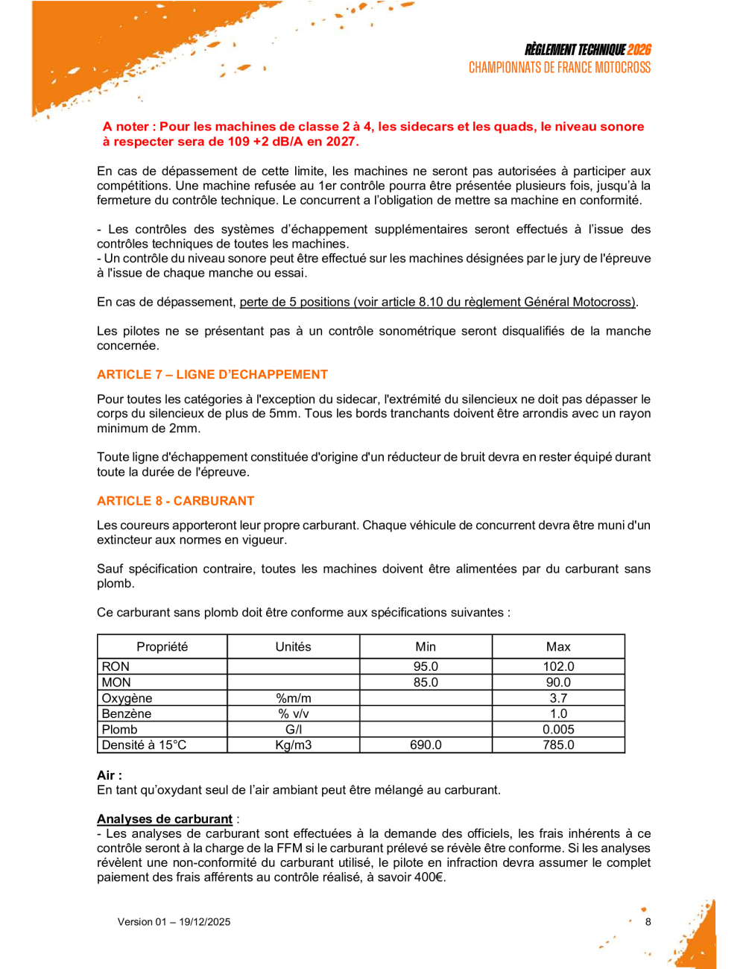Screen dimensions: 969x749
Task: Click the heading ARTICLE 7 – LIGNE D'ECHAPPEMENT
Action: click(212, 374)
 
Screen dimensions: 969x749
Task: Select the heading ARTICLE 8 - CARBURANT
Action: click(175, 501)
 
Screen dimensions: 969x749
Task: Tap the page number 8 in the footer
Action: click(648, 921)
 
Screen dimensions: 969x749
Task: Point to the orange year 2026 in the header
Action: click(639, 50)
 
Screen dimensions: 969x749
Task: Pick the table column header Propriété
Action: click(162, 646)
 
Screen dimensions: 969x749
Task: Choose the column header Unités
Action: click(293, 646)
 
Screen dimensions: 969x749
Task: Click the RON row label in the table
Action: click(116, 666)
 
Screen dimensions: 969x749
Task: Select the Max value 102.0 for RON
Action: click(558, 666)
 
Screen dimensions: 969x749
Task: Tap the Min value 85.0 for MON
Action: click(426, 682)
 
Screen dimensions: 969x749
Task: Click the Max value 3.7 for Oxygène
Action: click(558, 698)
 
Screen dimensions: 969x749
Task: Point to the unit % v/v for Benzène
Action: click(293, 713)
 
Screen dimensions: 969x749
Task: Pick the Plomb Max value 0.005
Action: click(558, 730)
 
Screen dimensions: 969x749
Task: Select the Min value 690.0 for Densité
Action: click(426, 745)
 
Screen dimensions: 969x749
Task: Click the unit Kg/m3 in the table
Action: click(293, 745)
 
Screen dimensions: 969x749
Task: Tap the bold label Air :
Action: click(109, 775)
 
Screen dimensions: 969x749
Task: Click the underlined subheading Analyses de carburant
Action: click(165, 819)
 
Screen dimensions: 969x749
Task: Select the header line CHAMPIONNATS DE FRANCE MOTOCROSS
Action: click(559, 68)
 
